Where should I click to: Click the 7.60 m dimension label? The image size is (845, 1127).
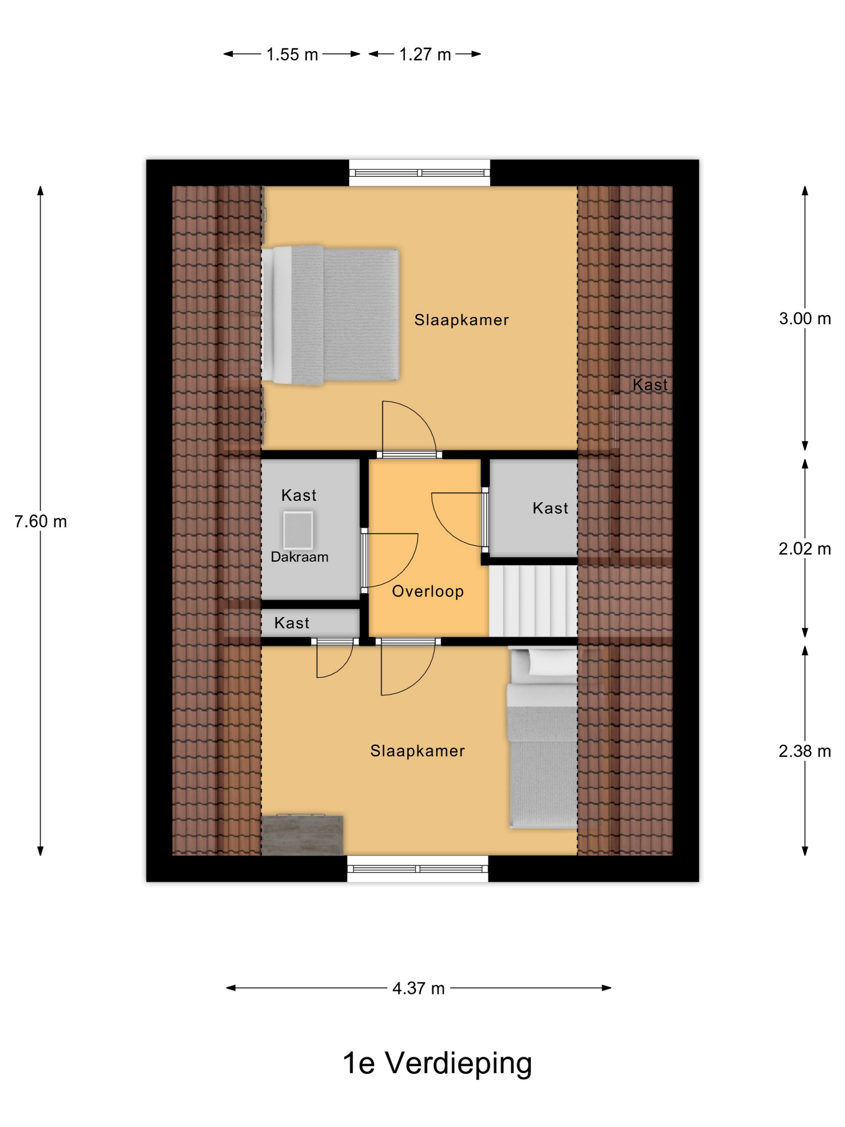40,521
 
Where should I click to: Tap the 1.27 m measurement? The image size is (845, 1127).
425,54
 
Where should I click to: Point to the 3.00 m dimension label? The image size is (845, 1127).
805,318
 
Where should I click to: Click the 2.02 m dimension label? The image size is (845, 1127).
805,549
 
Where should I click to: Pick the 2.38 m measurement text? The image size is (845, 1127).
805,751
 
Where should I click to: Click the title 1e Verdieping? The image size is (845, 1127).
437,1063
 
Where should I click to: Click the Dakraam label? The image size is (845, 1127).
299,557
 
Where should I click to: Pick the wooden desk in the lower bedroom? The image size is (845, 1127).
303,835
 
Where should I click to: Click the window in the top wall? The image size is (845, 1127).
420,173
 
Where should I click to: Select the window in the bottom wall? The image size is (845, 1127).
418,869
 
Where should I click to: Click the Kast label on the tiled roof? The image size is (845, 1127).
650,385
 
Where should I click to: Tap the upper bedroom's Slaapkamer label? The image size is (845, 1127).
462,320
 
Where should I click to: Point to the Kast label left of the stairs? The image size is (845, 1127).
550,508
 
